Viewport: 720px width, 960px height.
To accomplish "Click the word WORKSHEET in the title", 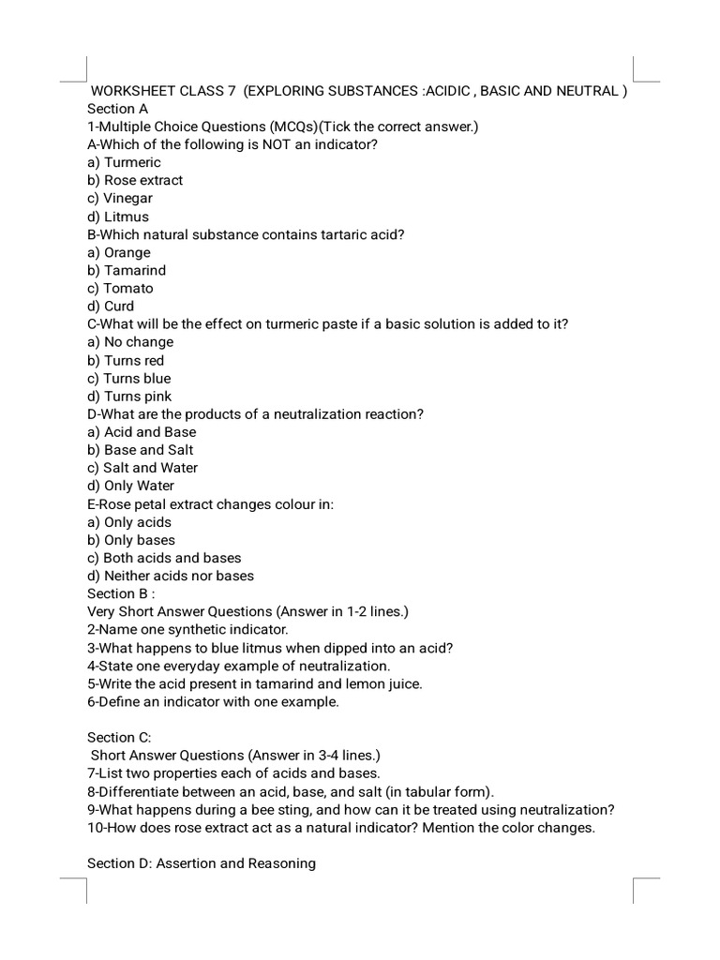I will [134, 91].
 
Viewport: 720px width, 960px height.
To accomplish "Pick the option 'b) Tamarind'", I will [127, 270].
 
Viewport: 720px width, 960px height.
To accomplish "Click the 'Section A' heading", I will [117, 109].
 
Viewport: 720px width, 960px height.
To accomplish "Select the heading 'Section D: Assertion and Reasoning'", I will [201, 863].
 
